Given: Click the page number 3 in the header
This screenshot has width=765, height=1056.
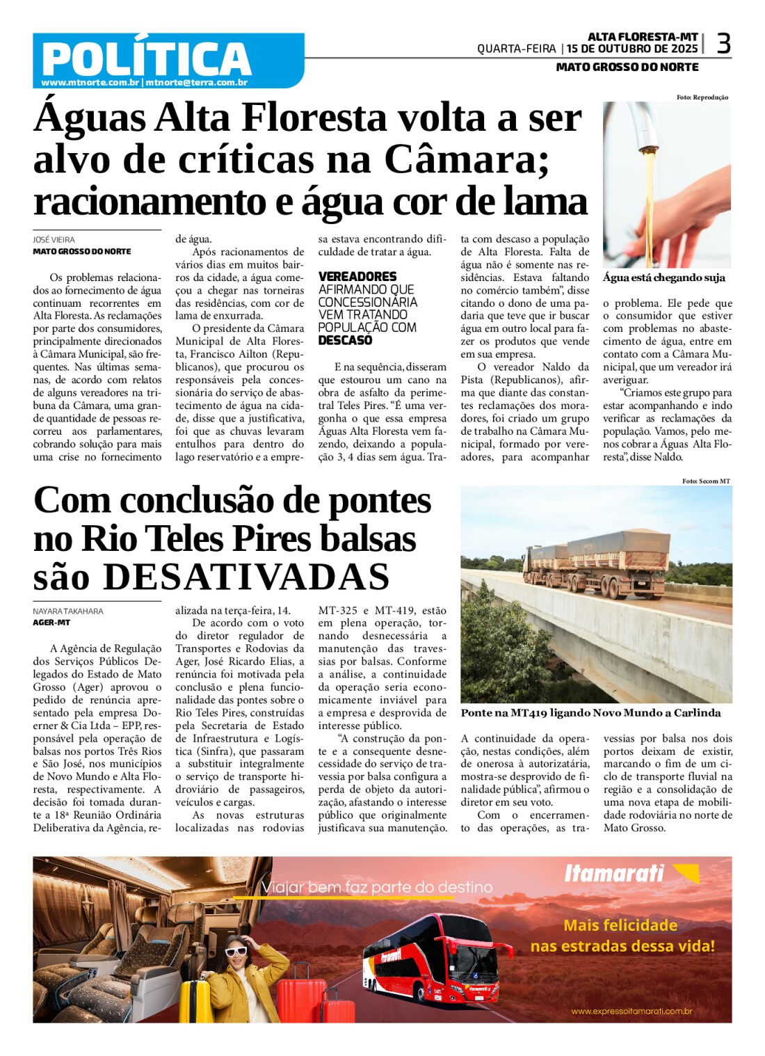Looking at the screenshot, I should click(x=723, y=45).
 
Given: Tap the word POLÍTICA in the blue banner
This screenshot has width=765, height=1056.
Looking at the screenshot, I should click(x=146, y=58).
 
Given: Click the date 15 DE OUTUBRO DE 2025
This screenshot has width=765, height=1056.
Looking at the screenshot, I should click(x=632, y=49).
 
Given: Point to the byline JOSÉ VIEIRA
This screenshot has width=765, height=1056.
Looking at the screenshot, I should click(x=54, y=239).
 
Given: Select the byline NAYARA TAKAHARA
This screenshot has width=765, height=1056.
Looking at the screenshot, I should click(x=68, y=611).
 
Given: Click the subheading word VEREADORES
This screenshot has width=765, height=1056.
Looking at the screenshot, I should click(x=357, y=277).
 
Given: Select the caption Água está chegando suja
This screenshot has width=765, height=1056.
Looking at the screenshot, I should click(x=663, y=278).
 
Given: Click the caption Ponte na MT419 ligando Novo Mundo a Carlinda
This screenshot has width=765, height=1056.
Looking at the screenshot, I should click(x=590, y=712).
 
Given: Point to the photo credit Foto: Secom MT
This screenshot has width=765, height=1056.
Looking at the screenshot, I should click(x=706, y=481).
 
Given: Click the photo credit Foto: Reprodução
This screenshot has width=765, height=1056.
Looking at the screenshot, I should click(x=702, y=97).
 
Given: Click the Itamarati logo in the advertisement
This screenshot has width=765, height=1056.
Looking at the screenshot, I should click(x=614, y=873).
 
